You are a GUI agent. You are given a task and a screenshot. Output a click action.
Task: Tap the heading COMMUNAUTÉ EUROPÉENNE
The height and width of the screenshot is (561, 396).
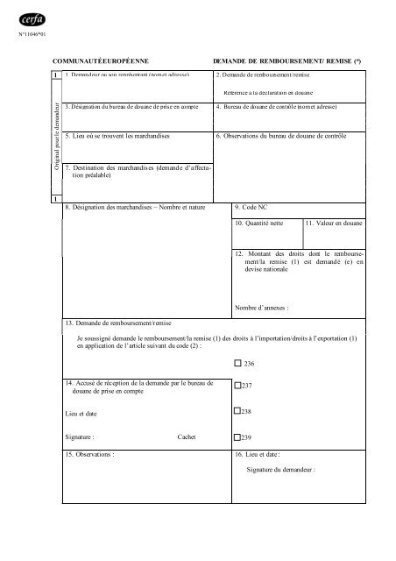101,60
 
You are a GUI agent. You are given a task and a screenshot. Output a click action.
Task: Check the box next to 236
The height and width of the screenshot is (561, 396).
237,363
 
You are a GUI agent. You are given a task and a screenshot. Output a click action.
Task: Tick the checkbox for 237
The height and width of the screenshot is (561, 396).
237,386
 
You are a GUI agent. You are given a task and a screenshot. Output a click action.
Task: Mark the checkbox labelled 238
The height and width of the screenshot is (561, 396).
237,411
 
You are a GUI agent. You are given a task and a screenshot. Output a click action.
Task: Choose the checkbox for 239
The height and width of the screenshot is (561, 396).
237,436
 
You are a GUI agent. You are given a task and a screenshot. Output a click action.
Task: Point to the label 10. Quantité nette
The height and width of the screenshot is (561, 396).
259,224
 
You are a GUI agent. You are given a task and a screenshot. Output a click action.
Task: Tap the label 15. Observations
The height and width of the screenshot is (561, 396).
91,455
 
